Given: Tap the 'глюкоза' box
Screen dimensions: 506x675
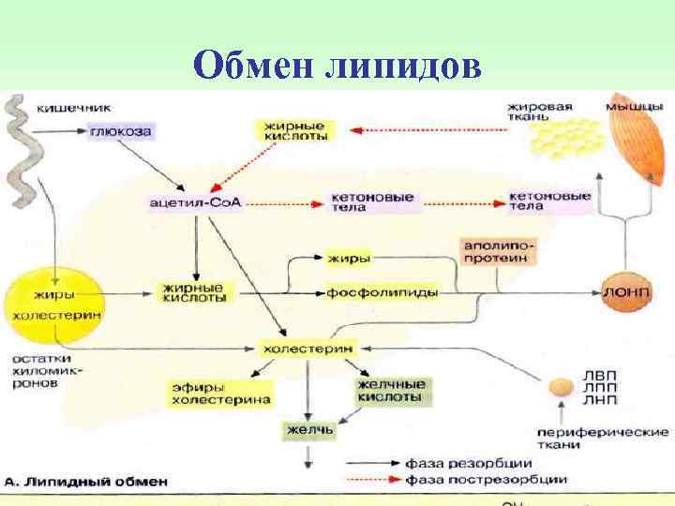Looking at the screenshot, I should [x=120, y=132].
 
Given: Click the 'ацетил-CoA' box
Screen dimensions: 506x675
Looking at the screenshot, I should [x=195, y=202].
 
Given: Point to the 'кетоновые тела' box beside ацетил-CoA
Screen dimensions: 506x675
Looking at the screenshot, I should [x=359, y=202].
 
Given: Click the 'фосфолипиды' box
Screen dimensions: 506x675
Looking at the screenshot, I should [x=382, y=292].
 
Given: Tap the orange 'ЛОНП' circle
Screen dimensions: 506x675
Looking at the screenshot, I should [x=623, y=292].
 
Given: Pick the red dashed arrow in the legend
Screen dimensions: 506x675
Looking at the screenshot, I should [x=372, y=480].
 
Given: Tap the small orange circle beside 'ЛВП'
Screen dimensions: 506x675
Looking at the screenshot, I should [x=561, y=386].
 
